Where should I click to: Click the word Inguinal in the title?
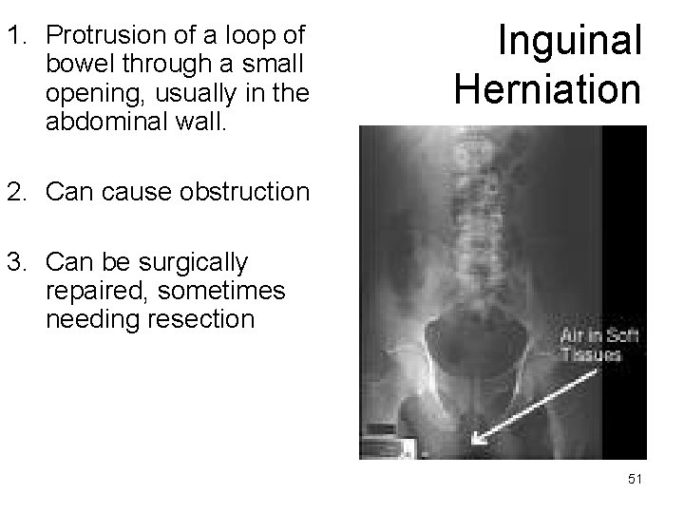coord(570,41)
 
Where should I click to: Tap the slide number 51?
coord(636,481)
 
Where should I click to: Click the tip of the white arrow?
coord(473,444)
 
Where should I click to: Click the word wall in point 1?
coord(202,122)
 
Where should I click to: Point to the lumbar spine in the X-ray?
coord(468,218)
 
